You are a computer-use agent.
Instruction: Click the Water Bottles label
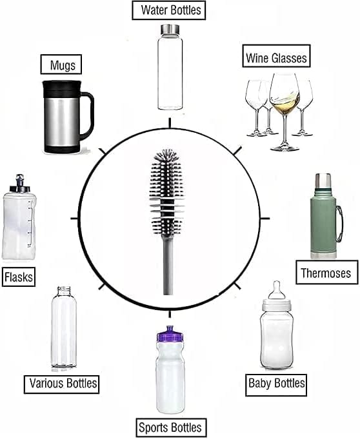tap(168, 10)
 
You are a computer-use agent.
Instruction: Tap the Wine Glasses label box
tap(276, 55)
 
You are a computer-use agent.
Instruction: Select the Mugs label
tap(61, 64)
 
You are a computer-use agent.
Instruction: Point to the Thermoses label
tap(327, 272)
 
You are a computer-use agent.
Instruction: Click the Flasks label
tap(19, 277)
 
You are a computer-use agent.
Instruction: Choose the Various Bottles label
tap(62, 385)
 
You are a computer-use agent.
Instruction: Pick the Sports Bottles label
tap(171, 427)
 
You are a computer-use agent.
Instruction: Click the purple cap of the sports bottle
tap(170, 334)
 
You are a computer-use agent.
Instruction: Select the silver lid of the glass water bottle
tap(170, 29)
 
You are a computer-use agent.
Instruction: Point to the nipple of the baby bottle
tap(277, 290)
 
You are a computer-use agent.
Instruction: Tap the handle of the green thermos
tap(339, 224)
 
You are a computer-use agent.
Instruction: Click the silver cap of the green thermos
tap(323, 181)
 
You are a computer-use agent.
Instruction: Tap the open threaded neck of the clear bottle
tap(64, 291)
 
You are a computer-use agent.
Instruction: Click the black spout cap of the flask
tap(19, 183)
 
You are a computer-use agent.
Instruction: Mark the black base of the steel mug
tap(62, 149)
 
